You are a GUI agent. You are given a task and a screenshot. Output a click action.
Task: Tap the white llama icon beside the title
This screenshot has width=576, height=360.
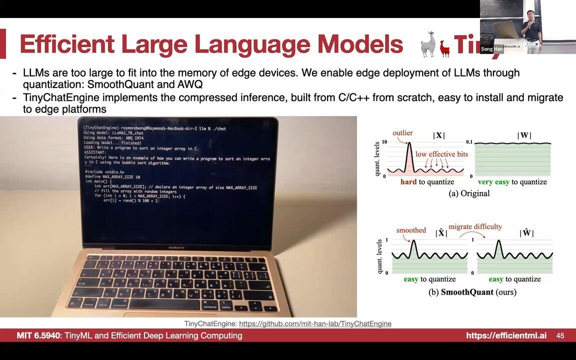click(x=429, y=43)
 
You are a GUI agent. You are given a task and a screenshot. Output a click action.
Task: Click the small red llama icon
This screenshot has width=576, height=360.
click(x=444, y=48)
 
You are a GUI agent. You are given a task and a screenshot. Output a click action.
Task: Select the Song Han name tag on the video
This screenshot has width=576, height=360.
click(x=491, y=49)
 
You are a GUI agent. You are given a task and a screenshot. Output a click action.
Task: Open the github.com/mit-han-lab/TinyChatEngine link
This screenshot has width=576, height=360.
click(x=315, y=323)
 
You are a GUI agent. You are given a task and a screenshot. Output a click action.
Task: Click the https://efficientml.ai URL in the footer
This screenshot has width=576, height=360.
click(x=506, y=335)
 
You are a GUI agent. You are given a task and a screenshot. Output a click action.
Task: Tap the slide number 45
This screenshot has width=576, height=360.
click(x=560, y=335)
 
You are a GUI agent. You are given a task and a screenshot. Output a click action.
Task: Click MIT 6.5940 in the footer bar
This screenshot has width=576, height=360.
click(x=38, y=335)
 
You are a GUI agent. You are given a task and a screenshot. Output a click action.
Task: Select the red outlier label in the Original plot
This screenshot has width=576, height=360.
click(x=402, y=133)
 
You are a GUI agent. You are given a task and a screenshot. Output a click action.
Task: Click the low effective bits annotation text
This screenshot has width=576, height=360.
click(x=441, y=154)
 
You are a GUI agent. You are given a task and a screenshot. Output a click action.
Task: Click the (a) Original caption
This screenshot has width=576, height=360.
click(x=469, y=193)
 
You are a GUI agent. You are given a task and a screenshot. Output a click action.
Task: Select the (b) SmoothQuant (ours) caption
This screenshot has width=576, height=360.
click(x=472, y=292)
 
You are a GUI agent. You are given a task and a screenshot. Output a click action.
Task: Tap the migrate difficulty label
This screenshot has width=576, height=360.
click(x=475, y=226)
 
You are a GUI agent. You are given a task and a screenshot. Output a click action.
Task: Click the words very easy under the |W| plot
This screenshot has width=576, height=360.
click(x=493, y=182)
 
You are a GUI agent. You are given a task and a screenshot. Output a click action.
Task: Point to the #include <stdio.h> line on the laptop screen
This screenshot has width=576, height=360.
click(x=104, y=172)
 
